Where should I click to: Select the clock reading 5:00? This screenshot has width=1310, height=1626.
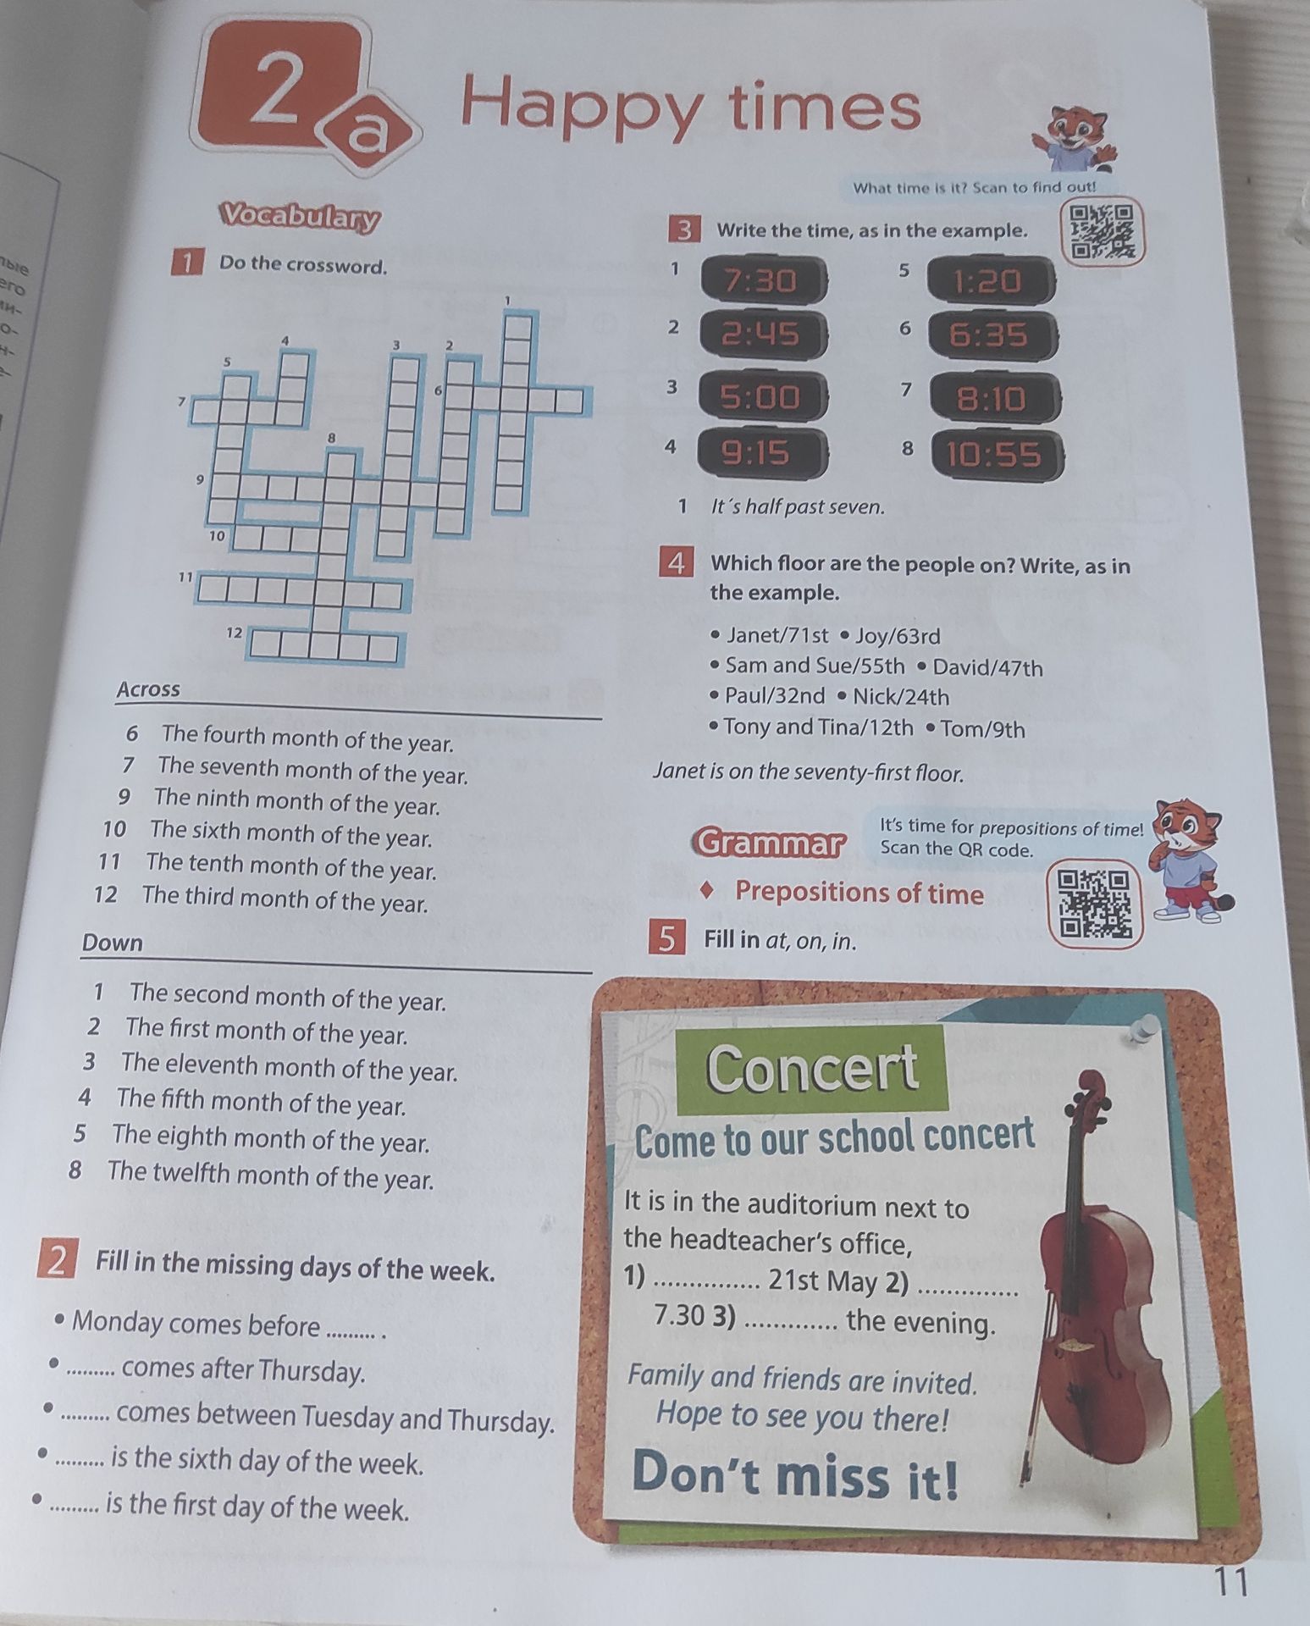pos(761,396)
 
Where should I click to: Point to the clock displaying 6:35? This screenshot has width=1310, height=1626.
pos(990,335)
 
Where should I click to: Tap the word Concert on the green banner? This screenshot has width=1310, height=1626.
pos(812,1068)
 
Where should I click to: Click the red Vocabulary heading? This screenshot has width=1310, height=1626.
pos(299,218)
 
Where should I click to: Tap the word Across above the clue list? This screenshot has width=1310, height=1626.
pos(148,689)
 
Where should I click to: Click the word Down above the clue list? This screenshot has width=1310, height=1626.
pos(113,943)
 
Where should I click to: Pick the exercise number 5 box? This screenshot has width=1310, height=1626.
pos(668,939)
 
